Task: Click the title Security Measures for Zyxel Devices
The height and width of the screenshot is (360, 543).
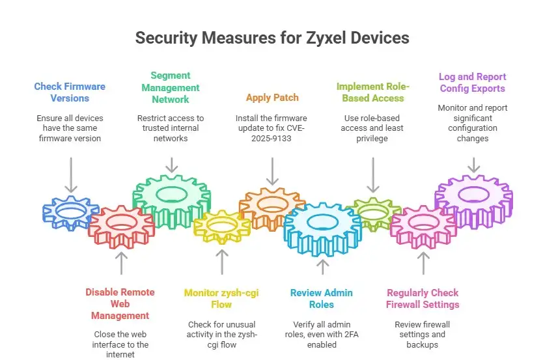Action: [272, 38]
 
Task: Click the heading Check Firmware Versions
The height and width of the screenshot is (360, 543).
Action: [70, 92]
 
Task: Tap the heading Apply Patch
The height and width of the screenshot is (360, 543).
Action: [272, 98]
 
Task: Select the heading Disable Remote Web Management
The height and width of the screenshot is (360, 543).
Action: [120, 303]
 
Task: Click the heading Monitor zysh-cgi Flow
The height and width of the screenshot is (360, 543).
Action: [222, 298]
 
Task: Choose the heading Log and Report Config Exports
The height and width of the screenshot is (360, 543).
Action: [473, 82]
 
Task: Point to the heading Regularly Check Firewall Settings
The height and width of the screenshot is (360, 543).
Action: [423, 298]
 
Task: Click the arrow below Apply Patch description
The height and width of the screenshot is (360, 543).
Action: [272, 173]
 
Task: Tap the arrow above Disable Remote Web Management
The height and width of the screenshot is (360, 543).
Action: [120, 262]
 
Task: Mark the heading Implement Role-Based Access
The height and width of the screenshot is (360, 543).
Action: [373, 92]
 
